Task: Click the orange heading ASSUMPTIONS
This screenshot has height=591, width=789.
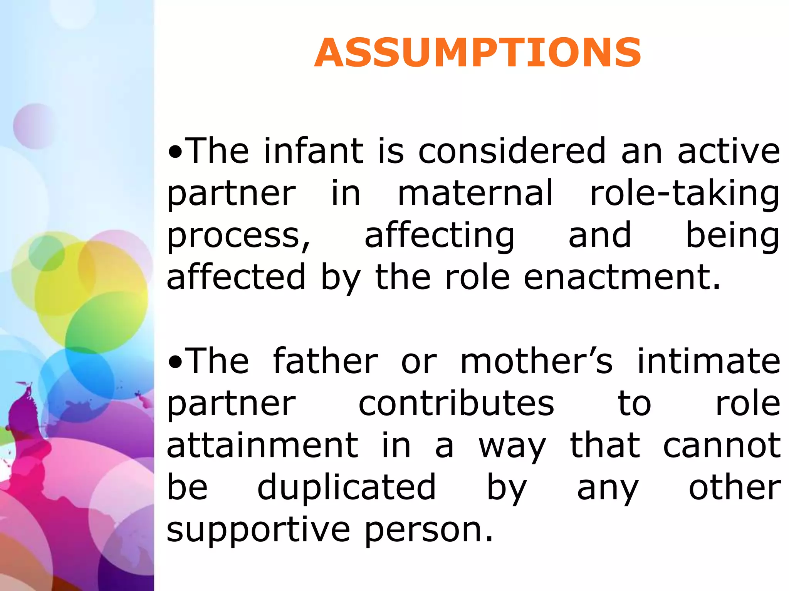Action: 478,53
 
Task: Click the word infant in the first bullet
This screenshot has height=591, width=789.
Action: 313,151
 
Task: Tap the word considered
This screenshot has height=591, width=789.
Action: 512,151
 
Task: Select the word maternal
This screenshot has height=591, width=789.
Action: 476,193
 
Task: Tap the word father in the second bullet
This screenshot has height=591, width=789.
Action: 326,361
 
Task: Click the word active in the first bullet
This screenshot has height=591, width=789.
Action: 729,151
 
